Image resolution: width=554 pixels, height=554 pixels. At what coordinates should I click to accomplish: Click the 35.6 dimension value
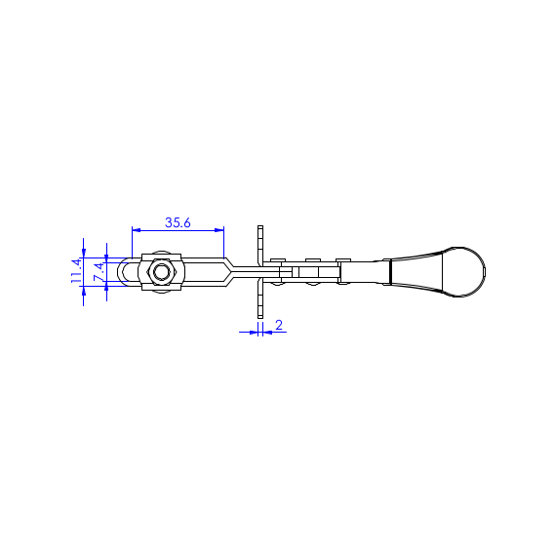[x=178, y=222]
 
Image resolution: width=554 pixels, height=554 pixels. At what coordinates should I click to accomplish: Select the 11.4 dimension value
[x=76, y=271]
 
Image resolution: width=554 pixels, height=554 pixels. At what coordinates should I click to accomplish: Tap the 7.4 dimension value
[x=99, y=272]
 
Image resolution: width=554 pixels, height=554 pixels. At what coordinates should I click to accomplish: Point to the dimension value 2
[x=279, y=325]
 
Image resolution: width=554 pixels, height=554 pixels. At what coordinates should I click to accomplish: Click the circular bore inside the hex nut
[x=161, y=272]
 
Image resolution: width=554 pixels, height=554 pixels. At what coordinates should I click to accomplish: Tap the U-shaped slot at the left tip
[x=125, y=272]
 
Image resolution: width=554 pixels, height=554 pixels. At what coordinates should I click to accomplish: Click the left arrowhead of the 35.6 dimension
[x=137, y=230]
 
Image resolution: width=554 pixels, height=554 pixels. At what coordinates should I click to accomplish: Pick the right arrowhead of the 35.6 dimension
[x=219, y=230]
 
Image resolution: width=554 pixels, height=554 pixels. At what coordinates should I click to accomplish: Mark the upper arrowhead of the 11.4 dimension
[x=83, y=253]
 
